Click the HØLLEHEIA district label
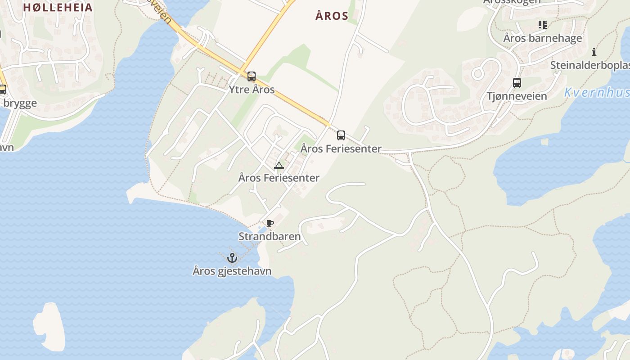click(x=58, y=7)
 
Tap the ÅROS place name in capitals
click(x=332, y=16)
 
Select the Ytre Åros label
click(x=252, y=90)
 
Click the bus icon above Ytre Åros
click(x=252, y=76)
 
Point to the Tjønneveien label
click(x=517, y=96)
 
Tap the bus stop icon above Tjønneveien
click(x=517, y=83)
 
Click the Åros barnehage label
click(x=543, y=38)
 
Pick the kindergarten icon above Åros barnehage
click(x=543, y=25)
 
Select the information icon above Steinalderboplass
click(x=594, y=52)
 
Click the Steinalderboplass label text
click(x=590, y=65)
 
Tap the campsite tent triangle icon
click(x=279, y=165)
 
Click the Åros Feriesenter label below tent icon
click(x=279, y=178)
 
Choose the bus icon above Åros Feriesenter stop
click(x=341, y=135)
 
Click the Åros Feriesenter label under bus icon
click(x=341, y=148)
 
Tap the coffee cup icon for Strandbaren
click(x=270, y=224)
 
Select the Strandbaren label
click(x=270, y=236)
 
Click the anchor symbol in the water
click(x=232, y=258)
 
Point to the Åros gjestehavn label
click(x=232, y=271)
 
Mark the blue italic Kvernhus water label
click(x=597, y=93)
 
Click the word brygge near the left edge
click(x=20, y=103)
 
